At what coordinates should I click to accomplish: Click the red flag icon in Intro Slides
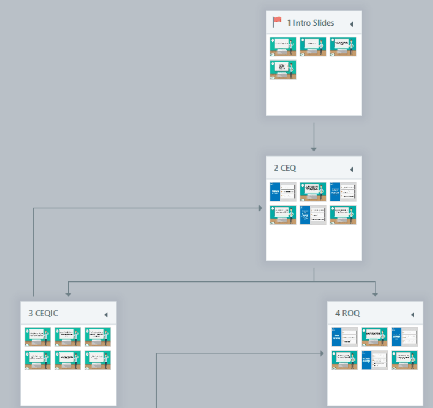pos(277,22)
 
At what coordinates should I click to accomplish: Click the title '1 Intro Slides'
pos(310,23)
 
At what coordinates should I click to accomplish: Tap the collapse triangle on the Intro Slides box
pos(351,24)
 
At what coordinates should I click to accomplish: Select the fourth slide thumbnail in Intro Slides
pos(283,70)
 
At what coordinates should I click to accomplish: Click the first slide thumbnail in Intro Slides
pos(283,46)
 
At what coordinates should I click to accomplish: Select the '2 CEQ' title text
pos(285,168)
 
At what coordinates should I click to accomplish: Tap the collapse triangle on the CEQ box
pos(351,169)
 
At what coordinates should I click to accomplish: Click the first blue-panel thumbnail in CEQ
pos(283,191)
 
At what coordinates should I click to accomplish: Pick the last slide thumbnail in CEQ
pos(343,215)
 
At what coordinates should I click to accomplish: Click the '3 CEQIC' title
pos(43,313)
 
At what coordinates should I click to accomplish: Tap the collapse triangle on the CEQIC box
pos(106,315)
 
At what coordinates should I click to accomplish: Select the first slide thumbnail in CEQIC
pos(38,337)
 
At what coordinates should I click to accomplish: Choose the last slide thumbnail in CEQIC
pos(98,360)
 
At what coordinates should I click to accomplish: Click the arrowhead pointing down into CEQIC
pos(68,293)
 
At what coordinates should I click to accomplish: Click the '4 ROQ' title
pos(347,313)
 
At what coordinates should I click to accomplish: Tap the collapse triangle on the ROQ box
pos(412,315)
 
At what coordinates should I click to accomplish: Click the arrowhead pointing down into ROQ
pos(375,293)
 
